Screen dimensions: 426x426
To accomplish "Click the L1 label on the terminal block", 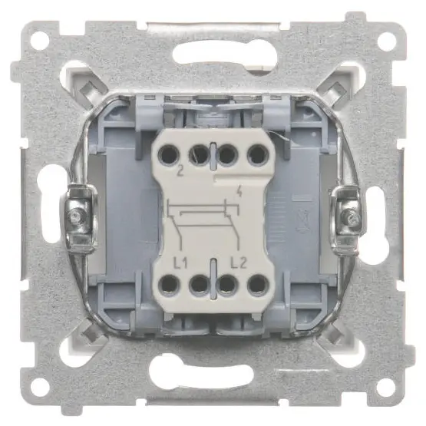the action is (180, 263).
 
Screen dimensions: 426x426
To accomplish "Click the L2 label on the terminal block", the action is (238, 263).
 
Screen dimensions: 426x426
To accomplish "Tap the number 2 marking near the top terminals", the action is (180, 171).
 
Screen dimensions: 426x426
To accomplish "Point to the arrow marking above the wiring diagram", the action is (239, 191).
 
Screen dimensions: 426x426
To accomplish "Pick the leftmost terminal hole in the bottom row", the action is (168, 286).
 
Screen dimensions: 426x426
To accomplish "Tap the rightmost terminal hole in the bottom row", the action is (258, 286).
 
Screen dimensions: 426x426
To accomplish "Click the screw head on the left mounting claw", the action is (76, 217).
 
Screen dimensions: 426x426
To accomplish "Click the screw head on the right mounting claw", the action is (351, 217).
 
